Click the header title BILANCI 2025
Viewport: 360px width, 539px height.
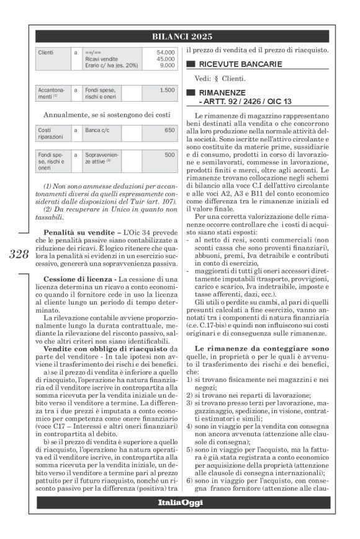(181, 37)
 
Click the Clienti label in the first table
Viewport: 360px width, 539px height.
(46, 53)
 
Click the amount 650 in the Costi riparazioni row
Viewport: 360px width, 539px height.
(169, 130)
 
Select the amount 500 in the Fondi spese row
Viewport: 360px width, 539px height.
(169, 154)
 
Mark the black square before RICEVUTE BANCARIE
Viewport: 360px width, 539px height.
(191, 64)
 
